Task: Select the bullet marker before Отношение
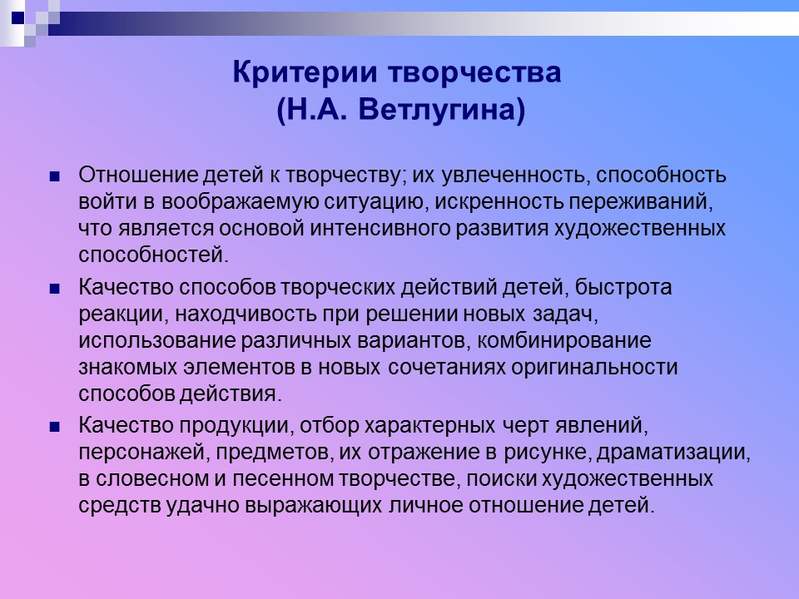(56, 177)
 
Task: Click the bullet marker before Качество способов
(56, 290)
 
